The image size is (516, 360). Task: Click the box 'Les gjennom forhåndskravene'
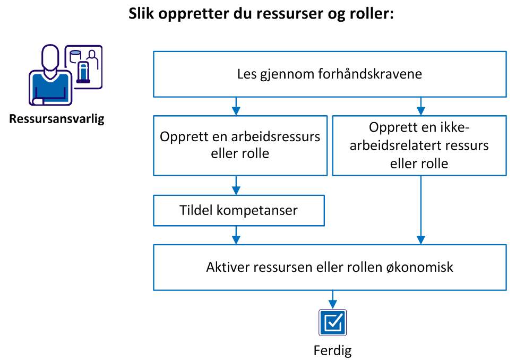click(x=329, y=74)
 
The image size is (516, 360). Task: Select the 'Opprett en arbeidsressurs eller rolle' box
click(x=240, y=145)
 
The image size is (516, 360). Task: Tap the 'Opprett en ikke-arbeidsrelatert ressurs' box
click(x=419, y=145)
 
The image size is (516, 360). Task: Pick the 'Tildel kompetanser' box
click(x=238, y=210)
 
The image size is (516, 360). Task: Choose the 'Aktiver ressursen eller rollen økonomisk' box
click(x=329, y=267)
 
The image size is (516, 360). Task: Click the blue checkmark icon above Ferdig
click(x=333, y=322)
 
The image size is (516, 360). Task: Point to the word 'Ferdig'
click(x=333, y=350)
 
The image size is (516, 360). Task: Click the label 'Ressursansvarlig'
click(x=57, y=118)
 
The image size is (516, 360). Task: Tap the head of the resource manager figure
click(x=50, y=57)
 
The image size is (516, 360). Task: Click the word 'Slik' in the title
click(x=142, y=14)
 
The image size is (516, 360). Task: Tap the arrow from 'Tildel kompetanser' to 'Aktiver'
click(x=237, y=235)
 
